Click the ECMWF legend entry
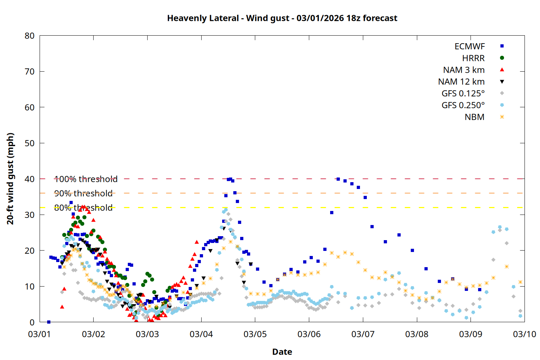469,46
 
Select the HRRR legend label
473,58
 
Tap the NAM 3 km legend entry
464,70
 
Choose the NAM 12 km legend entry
461,82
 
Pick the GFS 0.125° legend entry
463,94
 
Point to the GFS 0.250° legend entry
463,105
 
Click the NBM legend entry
474,117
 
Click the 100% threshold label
86,179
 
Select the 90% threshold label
83,193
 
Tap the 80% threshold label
83,208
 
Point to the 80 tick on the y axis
30,36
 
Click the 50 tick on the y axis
30,143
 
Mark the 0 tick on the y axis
32,322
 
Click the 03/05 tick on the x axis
255,334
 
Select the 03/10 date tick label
524,334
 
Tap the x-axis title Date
282,352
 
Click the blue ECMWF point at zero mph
49,322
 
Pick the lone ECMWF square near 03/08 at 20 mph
412,250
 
